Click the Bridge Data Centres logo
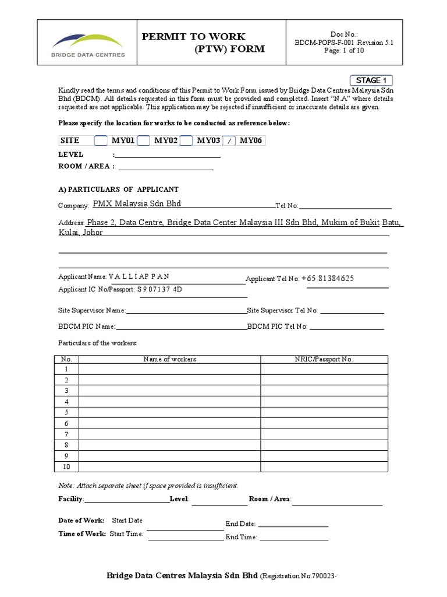(x=87, y=45)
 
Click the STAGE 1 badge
(x=371, y=80)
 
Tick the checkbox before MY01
(x=101, y=141)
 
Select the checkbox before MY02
(x=144, y=141)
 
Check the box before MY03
(x=186, y=141)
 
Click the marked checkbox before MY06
(x=230, y=141)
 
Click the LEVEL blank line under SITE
(x=168, y=155)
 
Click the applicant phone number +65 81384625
(x=328, y=278)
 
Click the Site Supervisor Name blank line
(x=186, y=311)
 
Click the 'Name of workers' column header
(x=169, y=359)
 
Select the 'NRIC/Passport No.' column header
(x=324, y=359)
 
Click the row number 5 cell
(x=66, y=413)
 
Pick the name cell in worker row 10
(x=169, y=466)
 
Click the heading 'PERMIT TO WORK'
(x=194, y=37)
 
